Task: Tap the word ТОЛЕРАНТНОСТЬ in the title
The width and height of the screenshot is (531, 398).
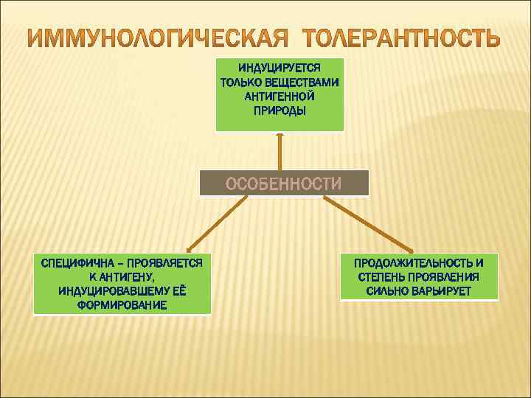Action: pos(403,37)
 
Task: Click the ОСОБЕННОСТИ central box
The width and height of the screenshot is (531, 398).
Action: pos(284,184)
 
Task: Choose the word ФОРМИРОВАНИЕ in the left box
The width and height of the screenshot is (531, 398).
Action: pos(122,304)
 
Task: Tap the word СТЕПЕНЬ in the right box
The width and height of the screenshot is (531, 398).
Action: pos(381,276)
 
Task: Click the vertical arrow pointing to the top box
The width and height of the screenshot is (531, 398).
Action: pos(280,152)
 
